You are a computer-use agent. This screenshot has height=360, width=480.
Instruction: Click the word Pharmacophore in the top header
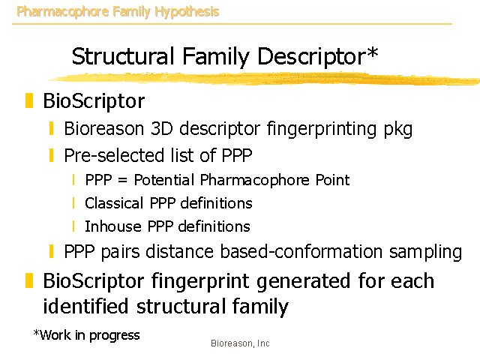click(62, 12)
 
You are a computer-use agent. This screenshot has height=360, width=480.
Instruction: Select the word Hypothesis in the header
click(187, 12)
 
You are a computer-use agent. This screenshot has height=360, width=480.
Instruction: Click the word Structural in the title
click(123, 56)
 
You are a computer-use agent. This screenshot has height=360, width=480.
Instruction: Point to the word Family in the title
click(216, 58)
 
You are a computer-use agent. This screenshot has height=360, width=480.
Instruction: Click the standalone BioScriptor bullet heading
click(94, 100)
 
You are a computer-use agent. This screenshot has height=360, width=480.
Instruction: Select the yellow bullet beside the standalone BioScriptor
click(29, 100)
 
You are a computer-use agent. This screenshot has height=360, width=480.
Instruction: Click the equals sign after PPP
click(122, 180)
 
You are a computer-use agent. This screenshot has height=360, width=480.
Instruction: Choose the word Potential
click(164, 180)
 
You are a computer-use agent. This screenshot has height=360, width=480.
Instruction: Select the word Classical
click(114, 203)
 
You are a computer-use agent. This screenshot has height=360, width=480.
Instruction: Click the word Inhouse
click(113, 226)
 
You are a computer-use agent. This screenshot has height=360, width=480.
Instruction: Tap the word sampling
click(425, 253)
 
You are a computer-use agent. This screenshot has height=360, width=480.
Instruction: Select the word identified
click(85, 306)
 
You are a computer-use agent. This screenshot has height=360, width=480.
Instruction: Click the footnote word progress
click(115, 336)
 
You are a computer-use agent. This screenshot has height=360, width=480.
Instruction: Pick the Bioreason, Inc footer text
click(240, 343)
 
